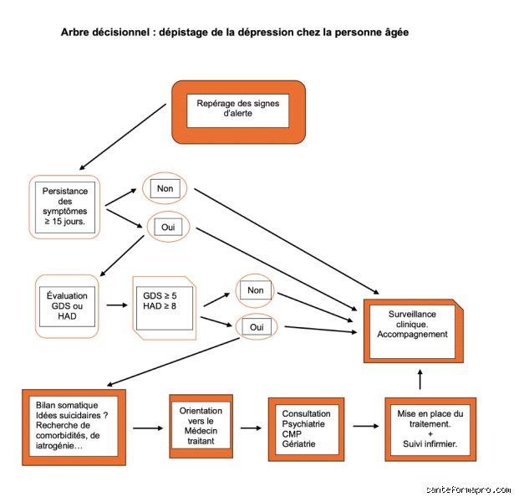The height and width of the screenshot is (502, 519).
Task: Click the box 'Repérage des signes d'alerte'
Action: click(238, 112)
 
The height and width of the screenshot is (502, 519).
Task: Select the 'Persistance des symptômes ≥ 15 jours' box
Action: click(64, 207)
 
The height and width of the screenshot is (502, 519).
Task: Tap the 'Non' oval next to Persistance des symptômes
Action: click(165, 188)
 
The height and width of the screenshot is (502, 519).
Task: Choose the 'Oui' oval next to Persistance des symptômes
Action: click(168, 227)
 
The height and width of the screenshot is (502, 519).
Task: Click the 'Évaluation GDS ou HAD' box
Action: click(67, 306)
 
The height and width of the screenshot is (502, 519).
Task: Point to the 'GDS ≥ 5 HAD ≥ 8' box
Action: click(164, 308)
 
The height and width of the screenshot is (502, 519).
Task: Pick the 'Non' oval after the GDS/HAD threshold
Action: click(255, 290)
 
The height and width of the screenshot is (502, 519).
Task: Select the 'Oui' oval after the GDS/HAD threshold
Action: click(257, 327)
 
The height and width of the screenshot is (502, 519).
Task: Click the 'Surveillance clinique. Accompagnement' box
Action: click(413, 330)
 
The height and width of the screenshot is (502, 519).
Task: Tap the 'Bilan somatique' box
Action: click(74, 427)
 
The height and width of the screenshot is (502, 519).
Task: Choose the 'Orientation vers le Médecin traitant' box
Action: click(201, 426)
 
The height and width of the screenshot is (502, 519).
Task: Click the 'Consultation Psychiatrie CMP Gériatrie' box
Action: click(306, 429)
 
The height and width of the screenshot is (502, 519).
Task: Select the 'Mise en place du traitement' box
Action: click(430, 429)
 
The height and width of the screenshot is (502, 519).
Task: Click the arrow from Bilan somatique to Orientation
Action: click(148, 428)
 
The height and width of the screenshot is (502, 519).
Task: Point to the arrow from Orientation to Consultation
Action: click(251, 428)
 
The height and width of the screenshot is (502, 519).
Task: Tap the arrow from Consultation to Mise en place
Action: click(366, 426)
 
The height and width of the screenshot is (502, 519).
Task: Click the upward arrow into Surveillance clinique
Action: click(420, 379)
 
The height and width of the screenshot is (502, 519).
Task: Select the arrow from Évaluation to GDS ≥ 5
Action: click(117, 305)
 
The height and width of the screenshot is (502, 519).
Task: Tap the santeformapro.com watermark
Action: click(468, 489)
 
